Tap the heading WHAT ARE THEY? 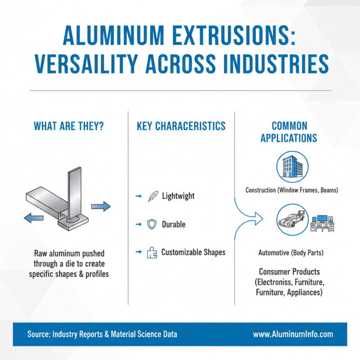tap(69, 126)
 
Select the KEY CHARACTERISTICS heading tap(181, 126)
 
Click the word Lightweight tap(178, 197)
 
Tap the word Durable tap(174, 224)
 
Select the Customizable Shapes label tap(193, 252)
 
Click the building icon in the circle tap(291, 165)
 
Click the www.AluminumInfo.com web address tap(293, 334)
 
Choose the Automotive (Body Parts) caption tap(291, 253)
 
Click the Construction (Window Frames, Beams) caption tap(292, 190)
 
